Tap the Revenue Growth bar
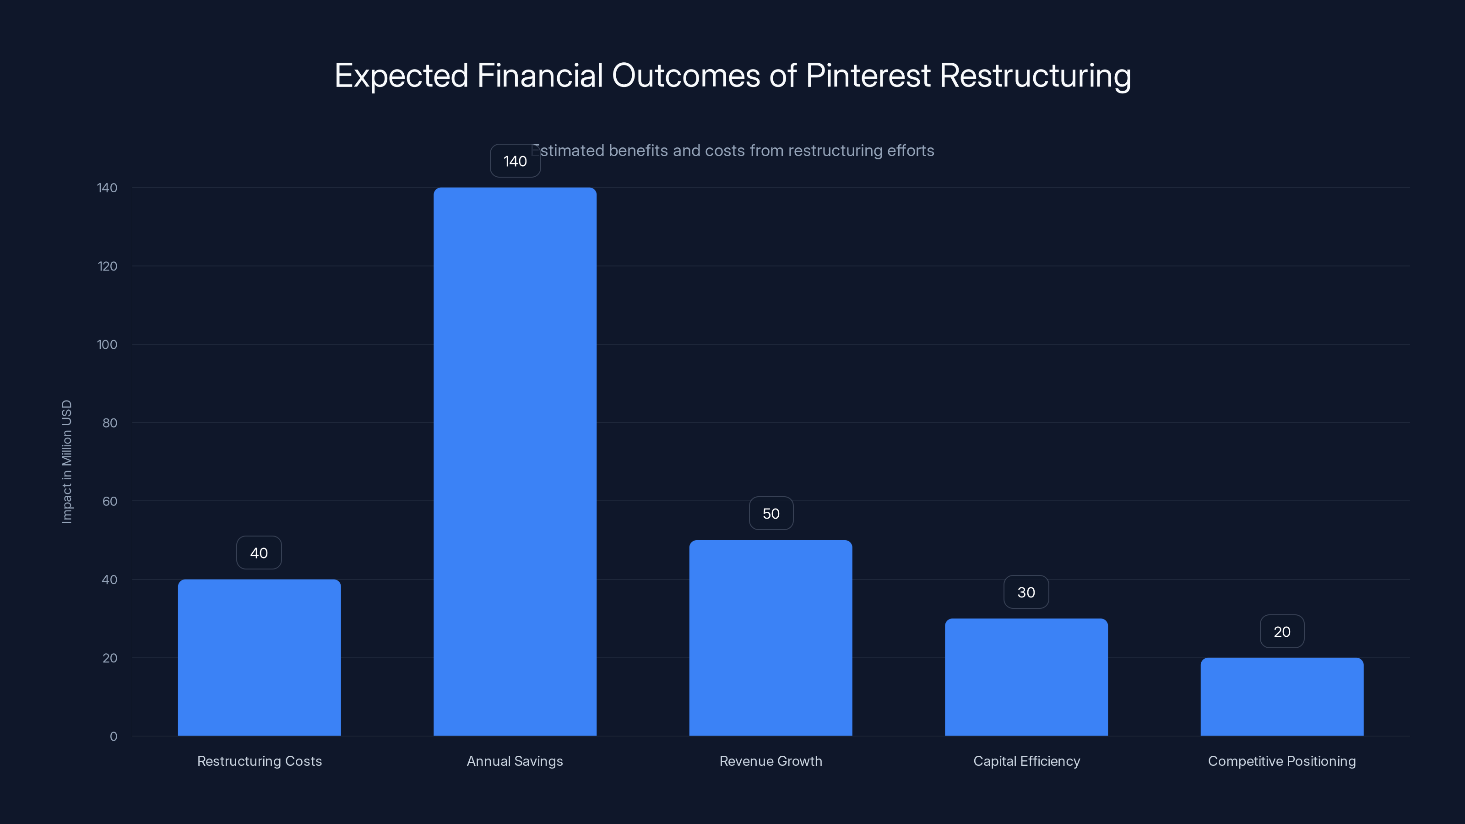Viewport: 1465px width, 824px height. click(x=770, y=638)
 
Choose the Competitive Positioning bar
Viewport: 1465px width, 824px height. click(x=1282, y=697)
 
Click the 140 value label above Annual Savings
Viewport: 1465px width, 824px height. click(x=515, y=162)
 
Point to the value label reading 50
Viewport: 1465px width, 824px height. click(x=770, y=514)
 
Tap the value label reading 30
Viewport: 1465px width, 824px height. click(x=1026, y=592)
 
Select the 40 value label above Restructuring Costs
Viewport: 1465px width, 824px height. click(x=259, y=553)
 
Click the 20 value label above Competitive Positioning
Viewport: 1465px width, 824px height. click(x=1282, y=631)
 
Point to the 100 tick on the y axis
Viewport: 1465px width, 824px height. click(x=107, y=345)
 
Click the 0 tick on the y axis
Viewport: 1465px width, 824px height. click(x=113, y=737)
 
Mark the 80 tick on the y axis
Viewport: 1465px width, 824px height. click(x=110, y=423)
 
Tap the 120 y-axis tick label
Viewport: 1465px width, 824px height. click(x=107, y=266)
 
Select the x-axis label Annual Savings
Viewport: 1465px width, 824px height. click(x=515, y=761)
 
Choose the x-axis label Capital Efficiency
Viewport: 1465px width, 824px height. click(x=1026, y=761)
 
